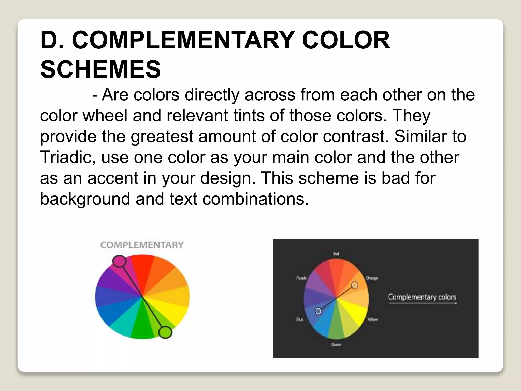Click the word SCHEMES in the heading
pos(100,69)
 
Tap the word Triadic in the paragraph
pos(68,157)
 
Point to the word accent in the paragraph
pos(112,178)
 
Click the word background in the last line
pos(85,199)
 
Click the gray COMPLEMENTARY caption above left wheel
pos(142,245)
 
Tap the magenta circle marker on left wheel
pos(119,261)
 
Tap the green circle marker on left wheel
pos(165,332)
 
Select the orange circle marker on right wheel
pos(355,285)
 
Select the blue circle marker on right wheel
pos(318,311)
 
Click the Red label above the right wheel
pos(336,254)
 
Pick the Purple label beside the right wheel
pos(301,278)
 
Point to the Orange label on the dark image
pos(372,278)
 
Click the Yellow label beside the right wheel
pos(372,319)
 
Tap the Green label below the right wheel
pos(336,345)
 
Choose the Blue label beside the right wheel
pos(300,319)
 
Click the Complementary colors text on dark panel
pos(422,297)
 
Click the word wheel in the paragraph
pos(105,115)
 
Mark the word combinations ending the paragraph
pos(255,199)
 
